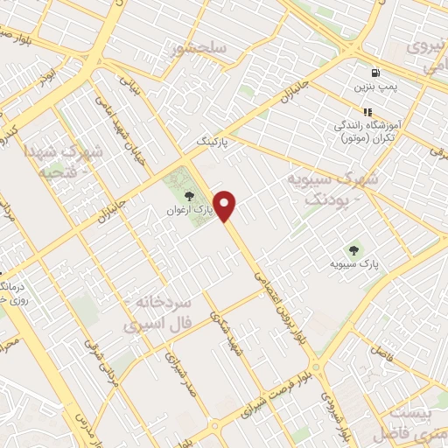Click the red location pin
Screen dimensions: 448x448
[226, 206]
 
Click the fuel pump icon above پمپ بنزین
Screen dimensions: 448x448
[375, 73]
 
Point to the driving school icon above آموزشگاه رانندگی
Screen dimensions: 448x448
[367, 112]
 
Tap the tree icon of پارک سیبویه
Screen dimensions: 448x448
[353, 248]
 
